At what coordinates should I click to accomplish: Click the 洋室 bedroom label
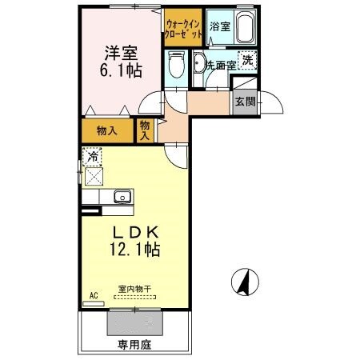pos(122,54)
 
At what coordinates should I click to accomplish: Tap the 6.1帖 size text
pos(122,70)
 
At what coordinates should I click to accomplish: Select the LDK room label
pos(136,233)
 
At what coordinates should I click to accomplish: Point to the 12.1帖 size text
pos(136,250)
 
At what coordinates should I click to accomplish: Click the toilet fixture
pos(177,63)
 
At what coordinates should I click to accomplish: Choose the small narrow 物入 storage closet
pos(145,130)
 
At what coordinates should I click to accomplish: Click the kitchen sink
pos(123,197)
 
